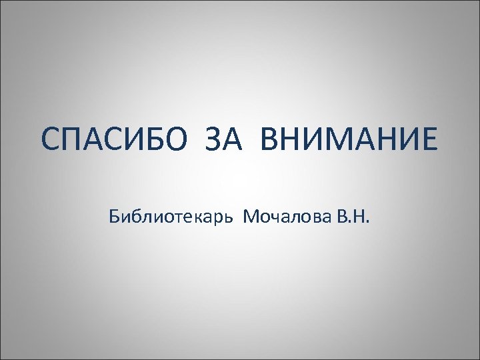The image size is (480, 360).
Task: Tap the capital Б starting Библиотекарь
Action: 111,217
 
